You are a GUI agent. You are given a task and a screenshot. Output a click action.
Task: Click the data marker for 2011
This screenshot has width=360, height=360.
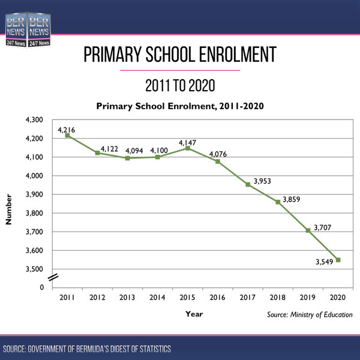pos(67,136)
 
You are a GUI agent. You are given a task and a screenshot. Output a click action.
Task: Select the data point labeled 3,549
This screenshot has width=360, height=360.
pos(338,260)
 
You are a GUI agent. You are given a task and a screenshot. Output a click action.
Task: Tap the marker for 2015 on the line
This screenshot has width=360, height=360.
pos(187,148)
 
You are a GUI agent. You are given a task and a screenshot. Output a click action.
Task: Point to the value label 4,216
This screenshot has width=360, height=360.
pos(66,128)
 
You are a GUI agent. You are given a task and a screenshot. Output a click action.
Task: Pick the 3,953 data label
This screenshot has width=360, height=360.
pos(262,180)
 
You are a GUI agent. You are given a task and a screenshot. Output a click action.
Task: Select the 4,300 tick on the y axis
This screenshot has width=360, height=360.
pos(34,120)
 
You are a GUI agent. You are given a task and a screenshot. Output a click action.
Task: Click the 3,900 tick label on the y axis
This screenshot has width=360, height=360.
pos(34,194)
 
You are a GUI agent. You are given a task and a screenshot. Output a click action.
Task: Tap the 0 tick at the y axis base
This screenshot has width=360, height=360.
pos(41,287)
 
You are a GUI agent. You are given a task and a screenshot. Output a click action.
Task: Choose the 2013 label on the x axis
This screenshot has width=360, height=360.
pos(127,298)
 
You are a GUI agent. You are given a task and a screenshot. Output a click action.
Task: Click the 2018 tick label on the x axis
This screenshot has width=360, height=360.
pos(277,298)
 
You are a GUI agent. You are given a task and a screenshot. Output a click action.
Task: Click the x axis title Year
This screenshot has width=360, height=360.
pos(194,313)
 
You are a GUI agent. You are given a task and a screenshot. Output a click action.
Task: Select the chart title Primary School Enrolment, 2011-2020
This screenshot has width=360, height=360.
pos(180,106)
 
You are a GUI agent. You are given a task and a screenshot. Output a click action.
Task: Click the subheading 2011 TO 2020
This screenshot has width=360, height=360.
pos(180,85)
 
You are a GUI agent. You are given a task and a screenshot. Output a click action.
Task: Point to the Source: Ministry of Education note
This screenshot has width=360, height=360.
pos(310,314)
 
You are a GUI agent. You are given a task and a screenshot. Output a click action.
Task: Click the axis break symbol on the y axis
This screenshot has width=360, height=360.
pos(53,277)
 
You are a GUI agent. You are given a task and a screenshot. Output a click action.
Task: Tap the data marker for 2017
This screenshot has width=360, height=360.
pos(247,184)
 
